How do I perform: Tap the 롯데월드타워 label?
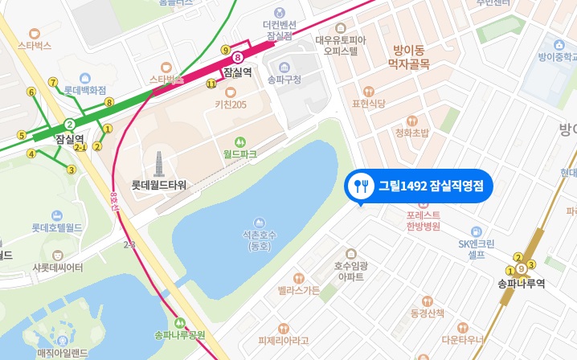(159, 185)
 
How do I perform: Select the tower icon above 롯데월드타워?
(159, 163)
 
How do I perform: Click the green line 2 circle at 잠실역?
(70, 124)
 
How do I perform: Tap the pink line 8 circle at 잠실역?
(238, 58)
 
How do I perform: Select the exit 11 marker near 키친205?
(211, 84)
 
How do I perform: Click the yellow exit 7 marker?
(52, 82)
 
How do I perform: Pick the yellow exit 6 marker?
(31, 92)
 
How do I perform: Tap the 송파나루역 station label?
(522, 283)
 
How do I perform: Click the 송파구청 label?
(284, 80)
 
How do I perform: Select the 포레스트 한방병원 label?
(423, 221)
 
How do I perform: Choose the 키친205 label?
(231, 104)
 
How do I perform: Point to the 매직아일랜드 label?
(62, 352)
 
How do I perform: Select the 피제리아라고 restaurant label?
(284, 340)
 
